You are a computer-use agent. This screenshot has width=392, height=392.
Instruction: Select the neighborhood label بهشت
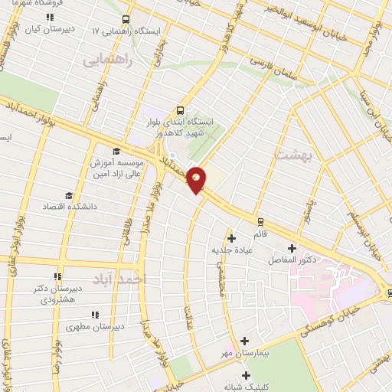coord(290,154)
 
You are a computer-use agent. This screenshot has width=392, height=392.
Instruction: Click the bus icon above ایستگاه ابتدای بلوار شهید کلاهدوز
coord(180,109)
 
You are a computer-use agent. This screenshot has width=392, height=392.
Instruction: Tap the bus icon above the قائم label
coord(260,222)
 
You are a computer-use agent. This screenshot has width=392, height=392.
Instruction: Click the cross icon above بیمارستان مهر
coord(244,341)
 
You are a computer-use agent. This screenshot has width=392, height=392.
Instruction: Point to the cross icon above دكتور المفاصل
coord(292,248)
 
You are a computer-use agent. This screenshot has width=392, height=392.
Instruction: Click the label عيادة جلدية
coord(231,250)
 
